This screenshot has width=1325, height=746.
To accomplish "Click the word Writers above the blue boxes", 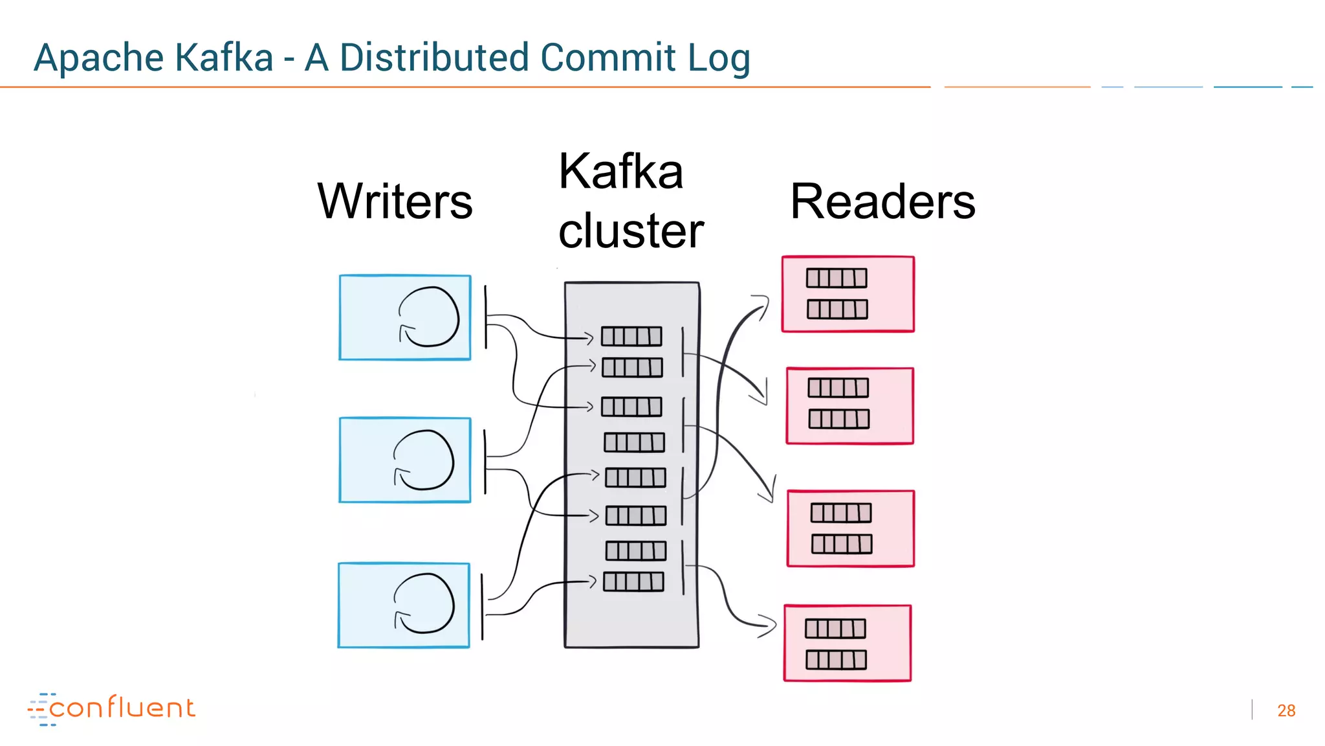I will point(395,201).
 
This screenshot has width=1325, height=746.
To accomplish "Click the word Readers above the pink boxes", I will point(882,201).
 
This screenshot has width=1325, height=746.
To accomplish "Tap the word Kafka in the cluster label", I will point(620,172).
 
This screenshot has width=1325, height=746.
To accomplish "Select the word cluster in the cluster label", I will point(631,231).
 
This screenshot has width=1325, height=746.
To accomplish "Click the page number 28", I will point(1286,710).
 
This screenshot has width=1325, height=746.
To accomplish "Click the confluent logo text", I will point(122,708).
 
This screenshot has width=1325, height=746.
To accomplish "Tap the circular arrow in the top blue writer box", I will point(428,317).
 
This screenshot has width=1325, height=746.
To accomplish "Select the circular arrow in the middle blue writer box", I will point(424,460).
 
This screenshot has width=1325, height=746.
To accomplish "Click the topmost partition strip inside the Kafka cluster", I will point(631,336).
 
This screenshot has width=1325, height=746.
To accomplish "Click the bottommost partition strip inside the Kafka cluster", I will point(633,582).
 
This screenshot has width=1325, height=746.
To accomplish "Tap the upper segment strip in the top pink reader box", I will point(836,278).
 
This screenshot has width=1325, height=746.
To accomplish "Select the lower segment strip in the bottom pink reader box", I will point(835,660).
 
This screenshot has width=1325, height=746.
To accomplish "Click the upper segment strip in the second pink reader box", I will point(838,388).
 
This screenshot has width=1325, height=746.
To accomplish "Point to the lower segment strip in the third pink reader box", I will point(842,544).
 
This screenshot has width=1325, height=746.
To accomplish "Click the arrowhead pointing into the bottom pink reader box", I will point(768,625).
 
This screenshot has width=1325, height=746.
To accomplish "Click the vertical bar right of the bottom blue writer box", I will point(483,606).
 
